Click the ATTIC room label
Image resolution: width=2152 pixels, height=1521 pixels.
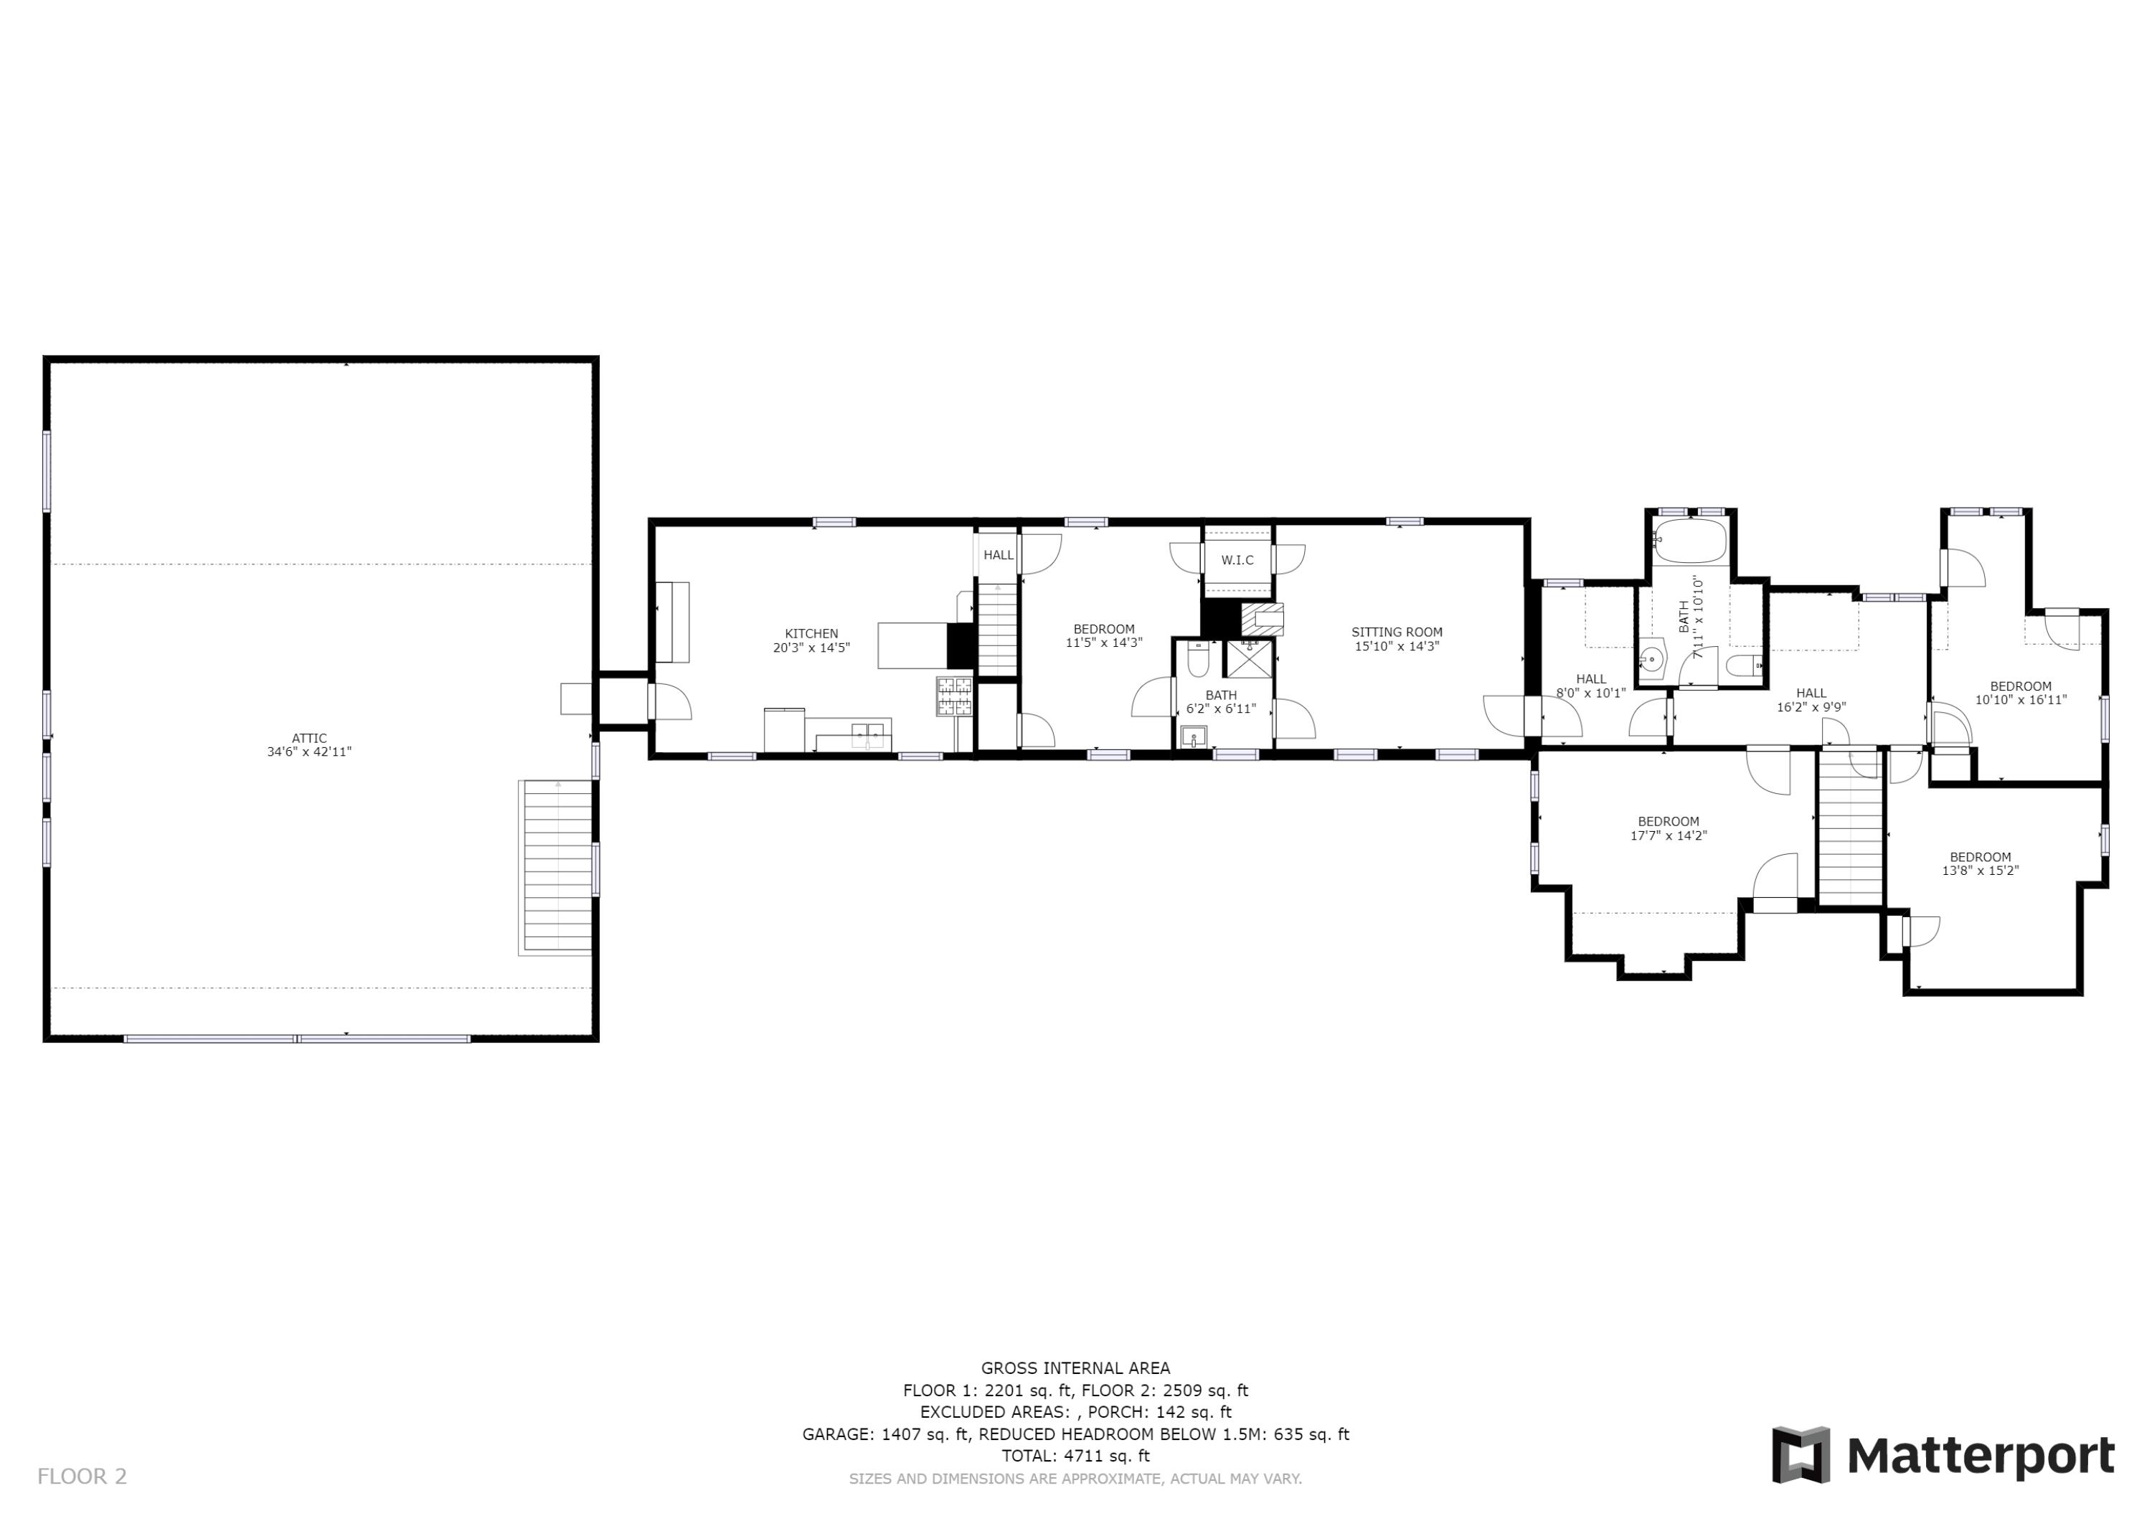(308, 739)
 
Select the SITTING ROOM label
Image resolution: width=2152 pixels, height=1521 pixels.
(1396, 632)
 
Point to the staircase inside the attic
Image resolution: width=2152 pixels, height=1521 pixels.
(557, 866)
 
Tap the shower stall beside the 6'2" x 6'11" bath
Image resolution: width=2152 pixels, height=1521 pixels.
(1250, 659)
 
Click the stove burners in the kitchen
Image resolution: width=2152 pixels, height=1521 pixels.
(955, 696)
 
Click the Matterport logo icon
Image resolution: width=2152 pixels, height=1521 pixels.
(1800, 1454)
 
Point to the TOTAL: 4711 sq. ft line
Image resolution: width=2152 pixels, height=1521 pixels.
(1075, 1456)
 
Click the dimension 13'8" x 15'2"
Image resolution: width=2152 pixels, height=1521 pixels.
(1980, 871)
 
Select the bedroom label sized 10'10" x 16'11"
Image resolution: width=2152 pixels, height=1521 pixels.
(2021, 686)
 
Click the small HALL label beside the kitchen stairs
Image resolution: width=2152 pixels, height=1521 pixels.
(999, 555)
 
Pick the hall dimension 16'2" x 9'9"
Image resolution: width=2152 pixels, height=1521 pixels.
(1811, 708)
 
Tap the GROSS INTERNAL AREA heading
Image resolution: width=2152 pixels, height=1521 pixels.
(1075, 1368)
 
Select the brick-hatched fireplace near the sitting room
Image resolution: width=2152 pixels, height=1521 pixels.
(1262, 619)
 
